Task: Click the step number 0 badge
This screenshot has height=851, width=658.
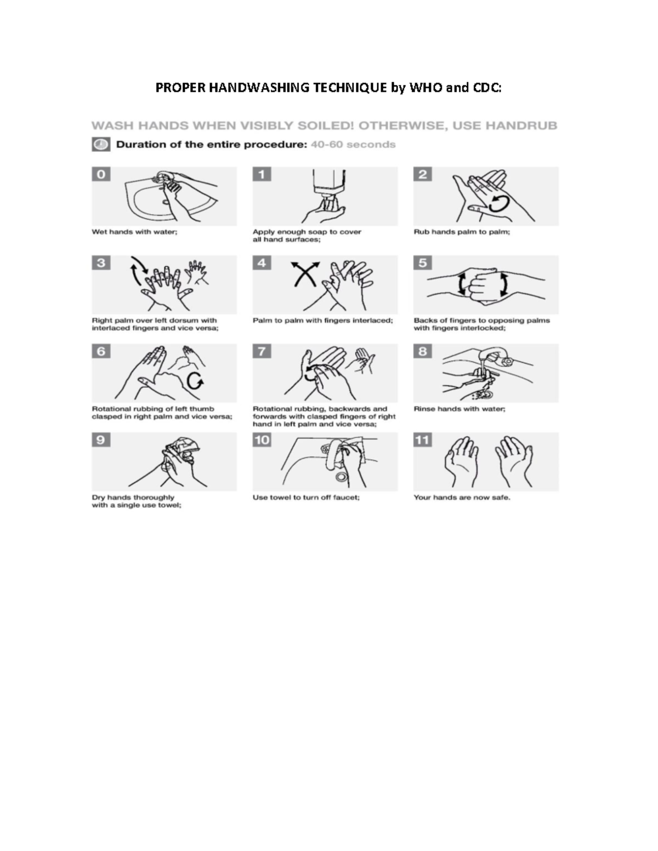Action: tap(101, 174)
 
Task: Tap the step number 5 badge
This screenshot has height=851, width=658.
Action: tap(423, 263)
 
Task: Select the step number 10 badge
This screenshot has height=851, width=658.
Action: tap(262, 440)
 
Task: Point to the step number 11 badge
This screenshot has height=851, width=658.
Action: tap(423, 440)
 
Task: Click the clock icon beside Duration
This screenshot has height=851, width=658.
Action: tap(100, 145)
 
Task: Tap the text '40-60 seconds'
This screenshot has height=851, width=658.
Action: tap(353, 145)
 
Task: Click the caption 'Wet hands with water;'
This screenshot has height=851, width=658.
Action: tap(134, 232)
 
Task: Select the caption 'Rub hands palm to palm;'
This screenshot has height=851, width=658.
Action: tap(462, 232)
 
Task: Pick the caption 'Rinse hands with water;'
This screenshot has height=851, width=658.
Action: tap(460, 409)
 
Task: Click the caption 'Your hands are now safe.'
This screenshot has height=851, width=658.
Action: tap(462, 498)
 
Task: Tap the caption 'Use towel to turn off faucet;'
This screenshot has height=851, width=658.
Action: tap(306, 498)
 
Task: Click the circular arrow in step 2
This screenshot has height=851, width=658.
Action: tap(499, 204)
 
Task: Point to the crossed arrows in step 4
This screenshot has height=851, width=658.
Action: tap(305, 273)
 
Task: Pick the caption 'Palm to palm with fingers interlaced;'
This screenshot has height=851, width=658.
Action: tap(322, 321)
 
